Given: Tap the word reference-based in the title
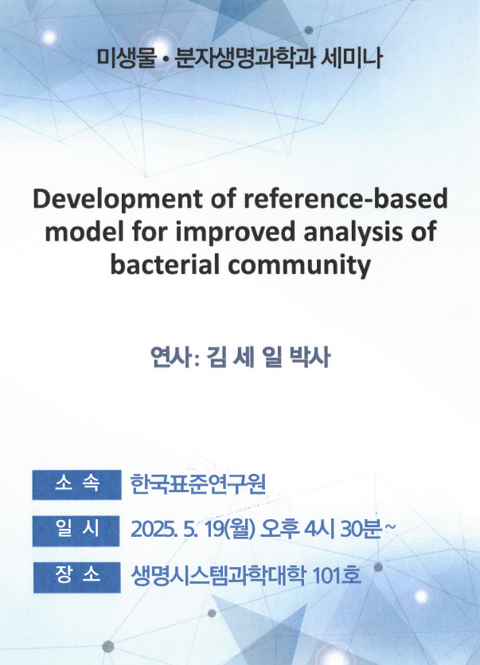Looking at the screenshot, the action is tap(345, 198).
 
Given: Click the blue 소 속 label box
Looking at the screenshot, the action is tap(76, 484).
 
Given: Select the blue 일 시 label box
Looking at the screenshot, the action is tap(76, 530).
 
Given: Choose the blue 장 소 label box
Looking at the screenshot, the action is tap(77, 577).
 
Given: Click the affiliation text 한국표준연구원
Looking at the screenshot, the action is tap(197, 484).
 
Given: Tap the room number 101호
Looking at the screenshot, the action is tap(337, 576).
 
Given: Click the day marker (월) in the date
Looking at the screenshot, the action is tap(241, 530).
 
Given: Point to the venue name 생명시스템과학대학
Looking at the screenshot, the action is tap(217, 576).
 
